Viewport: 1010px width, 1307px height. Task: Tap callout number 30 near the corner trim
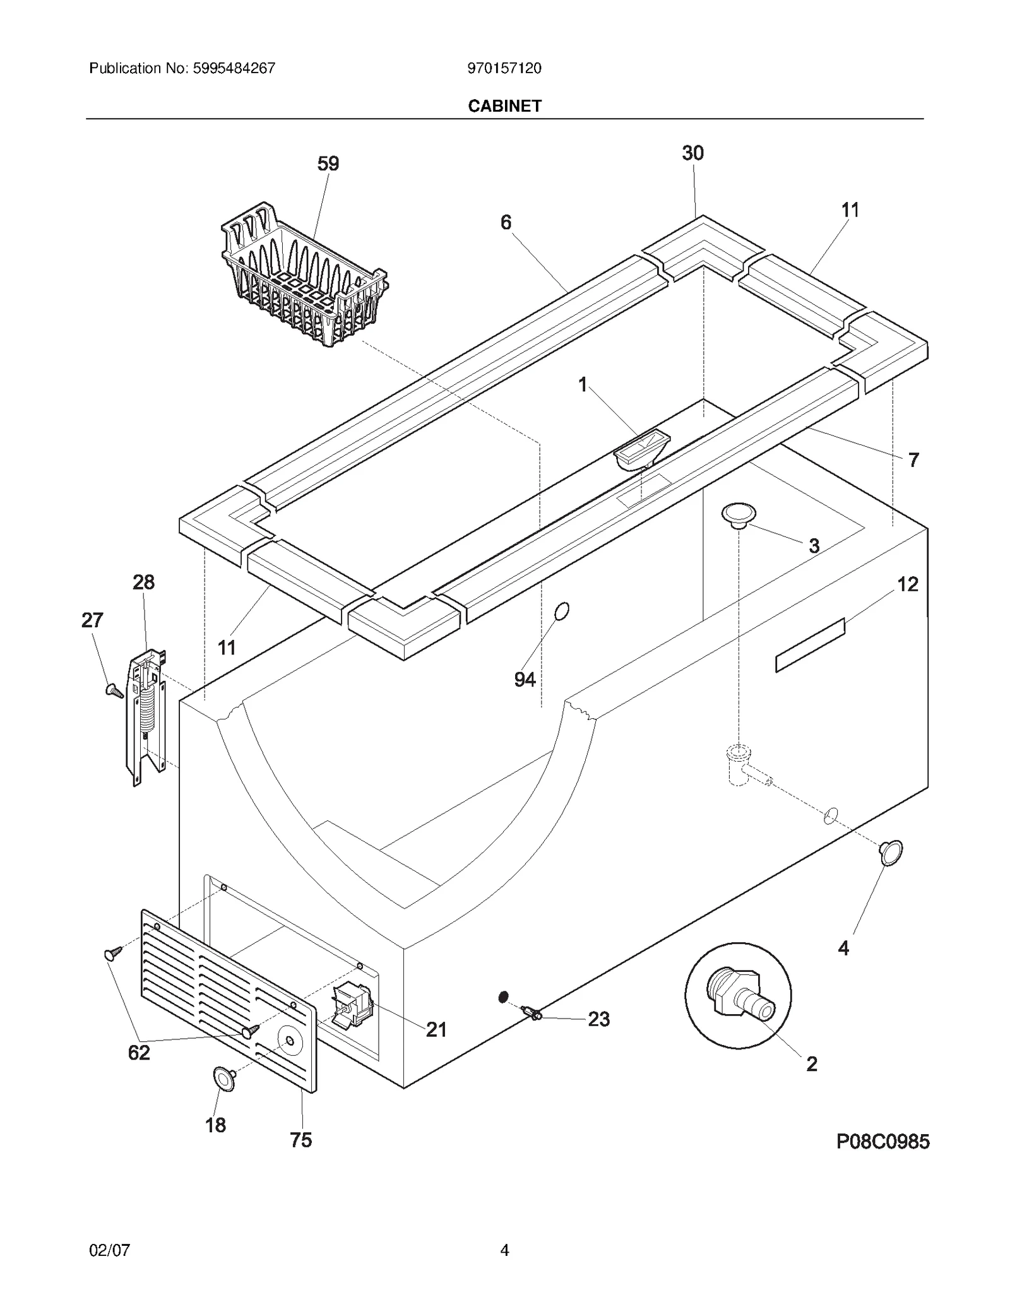tap(692, 153)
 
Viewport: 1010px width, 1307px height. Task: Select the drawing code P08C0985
tap(882, 1141)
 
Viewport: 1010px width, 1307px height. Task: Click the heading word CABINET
tap(504, 106)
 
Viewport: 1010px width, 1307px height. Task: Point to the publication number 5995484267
tap(232, 68)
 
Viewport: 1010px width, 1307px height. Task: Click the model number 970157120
tap(504, 68)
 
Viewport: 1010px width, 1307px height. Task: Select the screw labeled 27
tap(114, 690)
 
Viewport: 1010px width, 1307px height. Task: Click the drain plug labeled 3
tap(739, 515)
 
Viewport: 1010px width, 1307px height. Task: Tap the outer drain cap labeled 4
tap(890, 853)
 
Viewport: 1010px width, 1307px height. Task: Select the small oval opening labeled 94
tap(561, 611)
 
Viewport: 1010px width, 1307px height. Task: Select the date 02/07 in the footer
tap(109, 1250)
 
